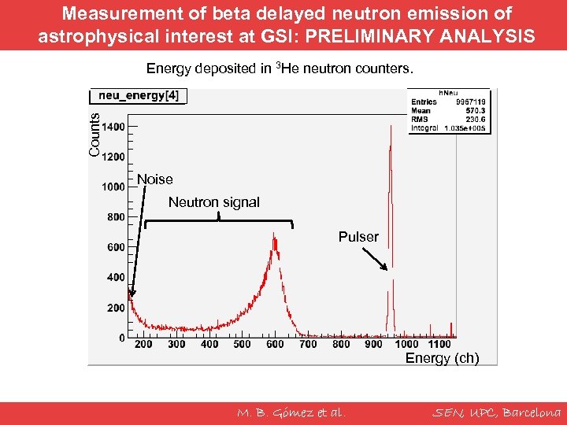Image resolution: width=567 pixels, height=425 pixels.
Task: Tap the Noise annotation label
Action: click(x=154, y=179)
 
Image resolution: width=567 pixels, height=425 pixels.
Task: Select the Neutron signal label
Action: click(x=213, y=202)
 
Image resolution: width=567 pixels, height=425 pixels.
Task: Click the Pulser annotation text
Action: click(x=358, y=237)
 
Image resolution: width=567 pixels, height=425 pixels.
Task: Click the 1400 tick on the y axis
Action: click(x=113, y=126)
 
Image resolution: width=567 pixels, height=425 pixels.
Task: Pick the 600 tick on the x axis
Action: click(x=275, y=344)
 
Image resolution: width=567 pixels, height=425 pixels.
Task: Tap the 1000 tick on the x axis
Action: click(x=406, y=344)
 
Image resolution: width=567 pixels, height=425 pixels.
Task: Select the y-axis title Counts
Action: click(x=94, y=134)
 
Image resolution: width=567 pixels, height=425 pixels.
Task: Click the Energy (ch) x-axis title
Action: click(x=441, y=359)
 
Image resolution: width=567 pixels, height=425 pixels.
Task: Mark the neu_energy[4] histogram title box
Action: click(x=139, y=96)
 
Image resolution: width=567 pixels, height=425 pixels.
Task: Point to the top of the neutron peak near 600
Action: click(x=273, y=233)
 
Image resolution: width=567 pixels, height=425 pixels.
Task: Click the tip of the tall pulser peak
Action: click(x=391, y=128)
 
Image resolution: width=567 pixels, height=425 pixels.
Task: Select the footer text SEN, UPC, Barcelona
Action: click(x=498, y=412)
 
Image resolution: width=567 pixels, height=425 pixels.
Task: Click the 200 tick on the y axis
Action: click(x=116, y=308)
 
